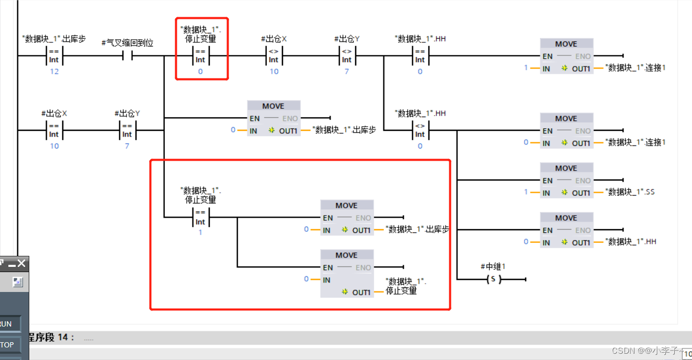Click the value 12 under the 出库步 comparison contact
54,72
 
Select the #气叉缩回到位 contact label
127,43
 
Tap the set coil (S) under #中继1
493,280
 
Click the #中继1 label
493,267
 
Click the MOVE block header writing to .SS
566,168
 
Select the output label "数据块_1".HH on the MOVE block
630,242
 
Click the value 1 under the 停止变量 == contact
200,232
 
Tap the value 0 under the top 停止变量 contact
200,72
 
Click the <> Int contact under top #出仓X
274,55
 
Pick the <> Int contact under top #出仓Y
347,55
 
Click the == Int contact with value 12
54,55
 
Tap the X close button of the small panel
21,263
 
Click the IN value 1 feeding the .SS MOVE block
526,192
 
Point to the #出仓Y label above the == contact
127,114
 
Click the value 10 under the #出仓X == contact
54,146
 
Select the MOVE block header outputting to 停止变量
346,255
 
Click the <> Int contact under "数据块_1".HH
420,130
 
